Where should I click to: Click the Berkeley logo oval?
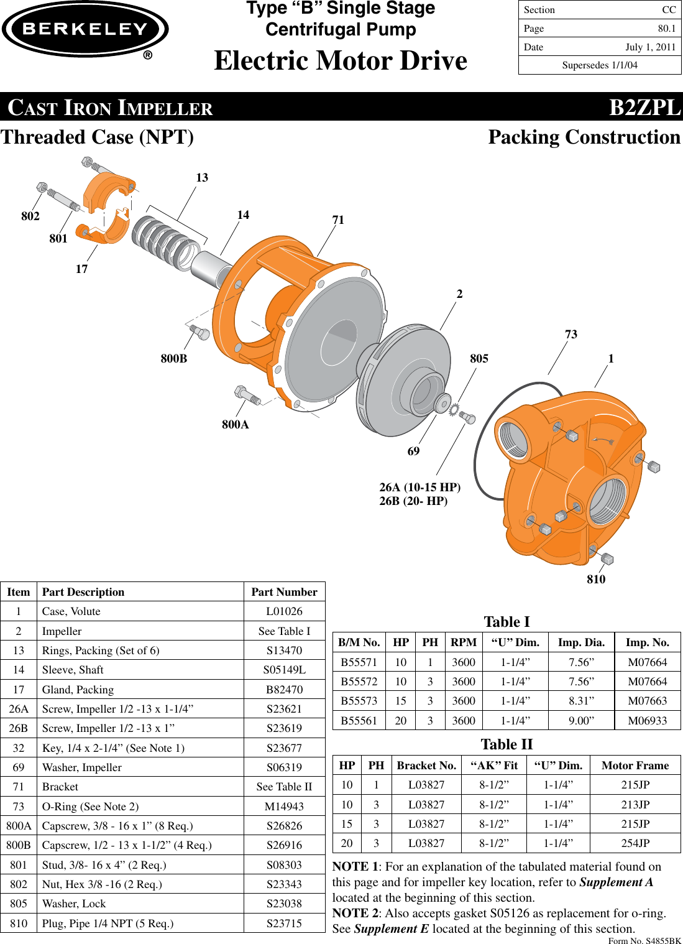coord(85,29)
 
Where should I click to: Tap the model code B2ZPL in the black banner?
coord(644,108)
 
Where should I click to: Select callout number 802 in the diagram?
coord(30,216)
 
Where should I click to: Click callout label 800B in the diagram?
coord(173,359)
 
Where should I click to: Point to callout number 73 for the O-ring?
coord(571,335)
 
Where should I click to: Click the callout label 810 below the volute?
coord(595,580)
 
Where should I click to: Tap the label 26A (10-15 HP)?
coord(419,487)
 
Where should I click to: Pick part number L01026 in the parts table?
coord(284,611)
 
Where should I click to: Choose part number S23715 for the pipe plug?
coord(284,923)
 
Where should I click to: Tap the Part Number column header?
coord(284,592)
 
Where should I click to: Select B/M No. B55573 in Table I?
coord(359,701)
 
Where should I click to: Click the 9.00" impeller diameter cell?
coord(581,721)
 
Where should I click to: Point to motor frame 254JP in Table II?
coord(635,843)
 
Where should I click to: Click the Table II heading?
coord(507,744)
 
